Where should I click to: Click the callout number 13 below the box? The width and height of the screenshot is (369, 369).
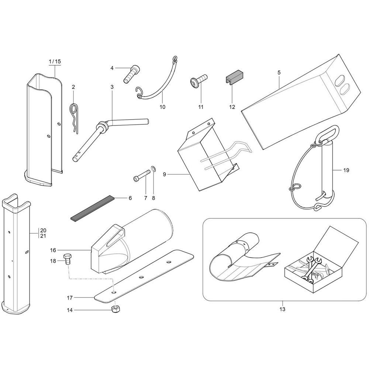click(282, 309)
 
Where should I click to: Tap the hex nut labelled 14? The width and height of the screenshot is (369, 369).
click(115, 309)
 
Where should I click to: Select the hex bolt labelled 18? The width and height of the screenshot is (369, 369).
click(68, 259)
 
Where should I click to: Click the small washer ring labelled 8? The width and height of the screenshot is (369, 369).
click(154, 169)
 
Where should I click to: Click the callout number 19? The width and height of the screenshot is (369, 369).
click(346, 170)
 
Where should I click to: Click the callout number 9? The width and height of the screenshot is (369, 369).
click(164, 175)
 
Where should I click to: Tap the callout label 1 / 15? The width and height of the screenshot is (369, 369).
click(55, 62)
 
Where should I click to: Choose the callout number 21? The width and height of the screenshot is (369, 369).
click(43, 235)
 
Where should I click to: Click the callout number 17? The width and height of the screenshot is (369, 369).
click(70, 298)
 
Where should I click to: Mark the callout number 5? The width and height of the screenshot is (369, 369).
click(279, 72)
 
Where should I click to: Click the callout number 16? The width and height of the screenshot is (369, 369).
click(53, 250)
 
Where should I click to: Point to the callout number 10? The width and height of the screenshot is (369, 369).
click(163, 107)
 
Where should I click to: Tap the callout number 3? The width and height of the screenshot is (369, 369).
click(112, 87)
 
